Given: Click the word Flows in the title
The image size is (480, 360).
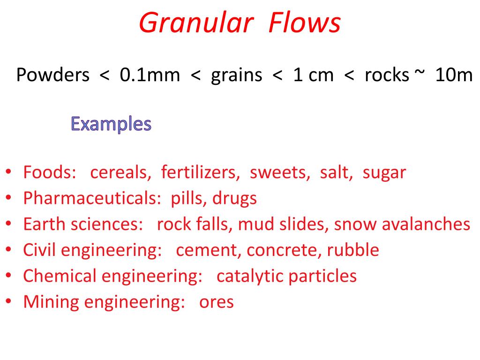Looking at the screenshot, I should click(305, 23).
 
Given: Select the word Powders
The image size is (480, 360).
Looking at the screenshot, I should click(52, 75).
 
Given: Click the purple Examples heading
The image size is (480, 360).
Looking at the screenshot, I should click(111, 124).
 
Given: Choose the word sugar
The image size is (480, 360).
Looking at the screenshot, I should click(384, 172).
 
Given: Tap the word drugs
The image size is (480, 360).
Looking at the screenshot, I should click(234, 199).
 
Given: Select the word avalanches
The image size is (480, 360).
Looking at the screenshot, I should click(426, 225).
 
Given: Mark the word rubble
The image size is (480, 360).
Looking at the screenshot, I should click(353, 250).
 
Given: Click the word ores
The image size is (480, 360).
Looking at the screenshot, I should click(216, 302).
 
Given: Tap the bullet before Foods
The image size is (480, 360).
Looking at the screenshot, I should click(9, 173).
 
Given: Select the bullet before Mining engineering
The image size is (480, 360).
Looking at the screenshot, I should click(9, 302).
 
